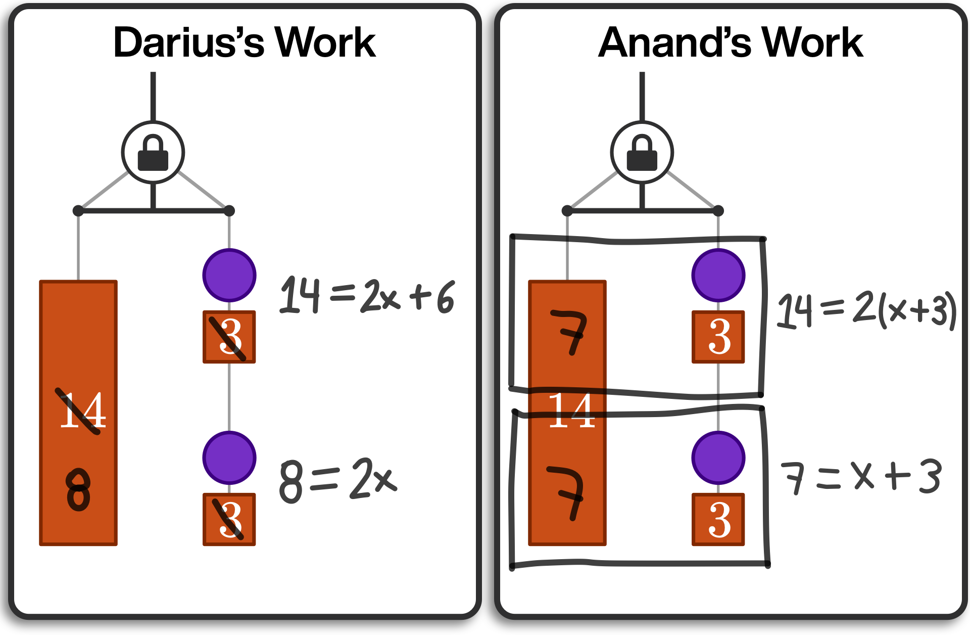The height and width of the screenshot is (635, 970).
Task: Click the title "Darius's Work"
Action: coord(245,42)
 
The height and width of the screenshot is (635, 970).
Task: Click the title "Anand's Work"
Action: coord(731,42)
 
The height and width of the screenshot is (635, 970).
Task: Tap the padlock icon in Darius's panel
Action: coord(153,153)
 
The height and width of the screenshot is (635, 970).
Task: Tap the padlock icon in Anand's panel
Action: coord(642,153)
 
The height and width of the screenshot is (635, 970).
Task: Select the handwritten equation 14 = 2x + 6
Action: coord(367,296)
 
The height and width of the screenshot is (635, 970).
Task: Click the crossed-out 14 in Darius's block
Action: coord(83,411)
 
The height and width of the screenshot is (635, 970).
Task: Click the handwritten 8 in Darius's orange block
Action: coord(78,489)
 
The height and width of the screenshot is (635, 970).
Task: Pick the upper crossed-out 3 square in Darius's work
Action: coord(229,337)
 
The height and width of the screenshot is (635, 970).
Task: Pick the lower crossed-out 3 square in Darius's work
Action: coord(229,519)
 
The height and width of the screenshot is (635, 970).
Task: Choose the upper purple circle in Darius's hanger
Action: coord(229,275)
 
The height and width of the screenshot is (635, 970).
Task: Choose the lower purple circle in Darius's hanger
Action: coord(229,458)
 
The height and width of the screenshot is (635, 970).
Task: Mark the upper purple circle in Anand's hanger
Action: coord(718,275)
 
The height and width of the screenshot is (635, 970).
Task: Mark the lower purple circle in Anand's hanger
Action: coord(718,458)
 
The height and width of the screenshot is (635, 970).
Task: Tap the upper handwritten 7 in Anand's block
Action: coord(570,332)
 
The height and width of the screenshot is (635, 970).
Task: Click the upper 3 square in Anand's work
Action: coord(718,337)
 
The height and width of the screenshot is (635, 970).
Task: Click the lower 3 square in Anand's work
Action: coord(718,519)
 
